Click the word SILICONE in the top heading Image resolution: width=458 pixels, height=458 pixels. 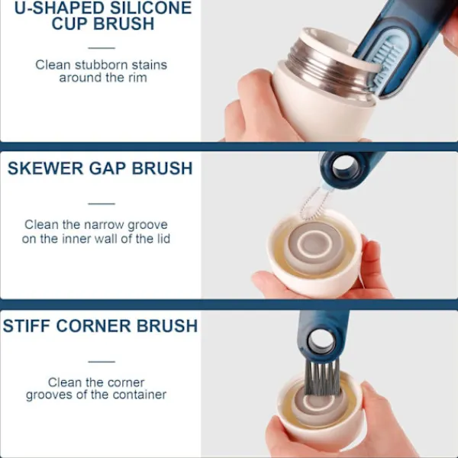tap(150, 8)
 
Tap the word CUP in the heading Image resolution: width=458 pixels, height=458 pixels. tap(69, 24)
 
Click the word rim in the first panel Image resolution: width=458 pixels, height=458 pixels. tap(137, 78)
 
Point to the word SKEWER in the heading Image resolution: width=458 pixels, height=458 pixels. tap(45, 168)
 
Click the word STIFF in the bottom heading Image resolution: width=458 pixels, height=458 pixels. tap(27, 326)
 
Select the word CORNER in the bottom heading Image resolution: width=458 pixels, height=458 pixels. tap(94, 326)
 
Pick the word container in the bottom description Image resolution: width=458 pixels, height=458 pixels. tap(140, 395)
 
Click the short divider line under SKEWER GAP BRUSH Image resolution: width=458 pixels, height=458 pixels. tap(102, 204)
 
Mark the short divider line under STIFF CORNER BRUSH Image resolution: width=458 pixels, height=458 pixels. tap(102, 362)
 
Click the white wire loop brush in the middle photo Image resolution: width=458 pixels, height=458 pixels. tap(311, 205)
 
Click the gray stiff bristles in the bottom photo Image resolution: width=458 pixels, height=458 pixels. tap(322, 378)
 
